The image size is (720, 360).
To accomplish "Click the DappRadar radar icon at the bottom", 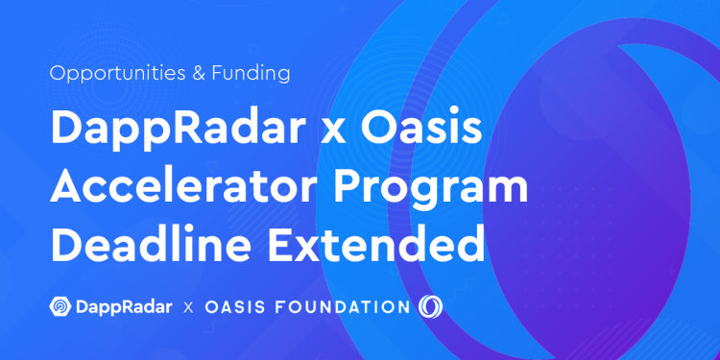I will (x=60, y=307).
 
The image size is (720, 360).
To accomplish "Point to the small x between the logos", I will (x=189, y=308).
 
